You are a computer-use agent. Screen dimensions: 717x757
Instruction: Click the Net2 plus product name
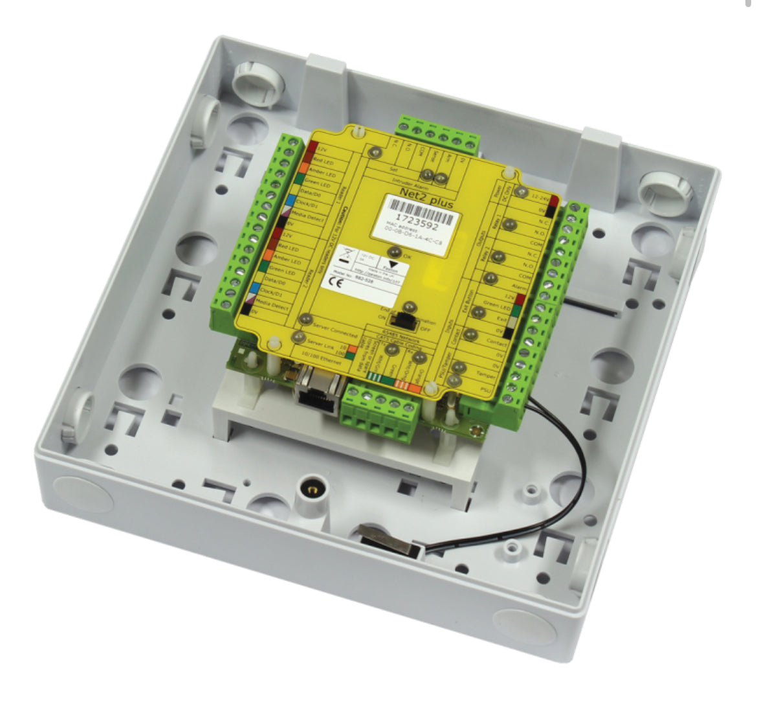(428, 205)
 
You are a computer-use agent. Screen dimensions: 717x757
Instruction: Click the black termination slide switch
(406, 319)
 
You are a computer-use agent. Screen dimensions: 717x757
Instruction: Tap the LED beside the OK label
(393, 254)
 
